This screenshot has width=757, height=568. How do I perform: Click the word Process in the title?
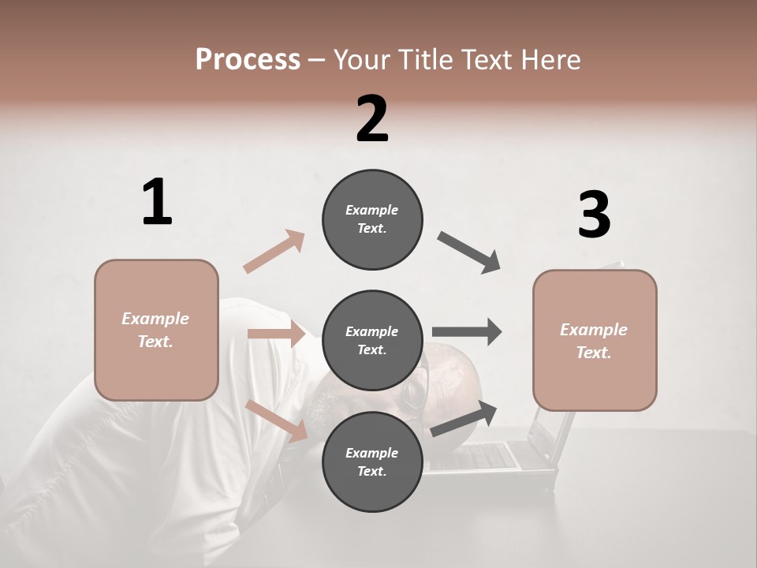(248, 59)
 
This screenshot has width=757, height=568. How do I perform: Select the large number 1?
(157, 203)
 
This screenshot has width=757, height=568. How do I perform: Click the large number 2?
(372, 119)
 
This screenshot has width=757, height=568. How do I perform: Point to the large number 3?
(594, 215)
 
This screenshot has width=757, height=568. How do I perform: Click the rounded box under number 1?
(156, 330)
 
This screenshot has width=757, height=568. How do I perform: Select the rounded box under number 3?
(595, 341)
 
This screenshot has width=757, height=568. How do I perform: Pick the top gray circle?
(372, 219)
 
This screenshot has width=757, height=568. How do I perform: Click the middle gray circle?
(372, 340)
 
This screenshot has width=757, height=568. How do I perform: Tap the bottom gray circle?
(372, 461)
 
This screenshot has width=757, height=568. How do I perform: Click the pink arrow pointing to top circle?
(274, 251)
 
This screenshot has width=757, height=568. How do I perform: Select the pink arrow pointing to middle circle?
(277, 334)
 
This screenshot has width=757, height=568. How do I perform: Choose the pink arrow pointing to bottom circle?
(277, 420)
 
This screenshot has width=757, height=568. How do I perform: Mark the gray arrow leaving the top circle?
(469, 252)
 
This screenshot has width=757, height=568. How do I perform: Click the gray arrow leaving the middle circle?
(467, 331)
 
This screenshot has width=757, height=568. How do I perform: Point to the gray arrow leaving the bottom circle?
(464, 418)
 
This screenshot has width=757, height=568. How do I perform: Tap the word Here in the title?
(551, 59)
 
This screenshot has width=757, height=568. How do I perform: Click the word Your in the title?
(361, 59)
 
